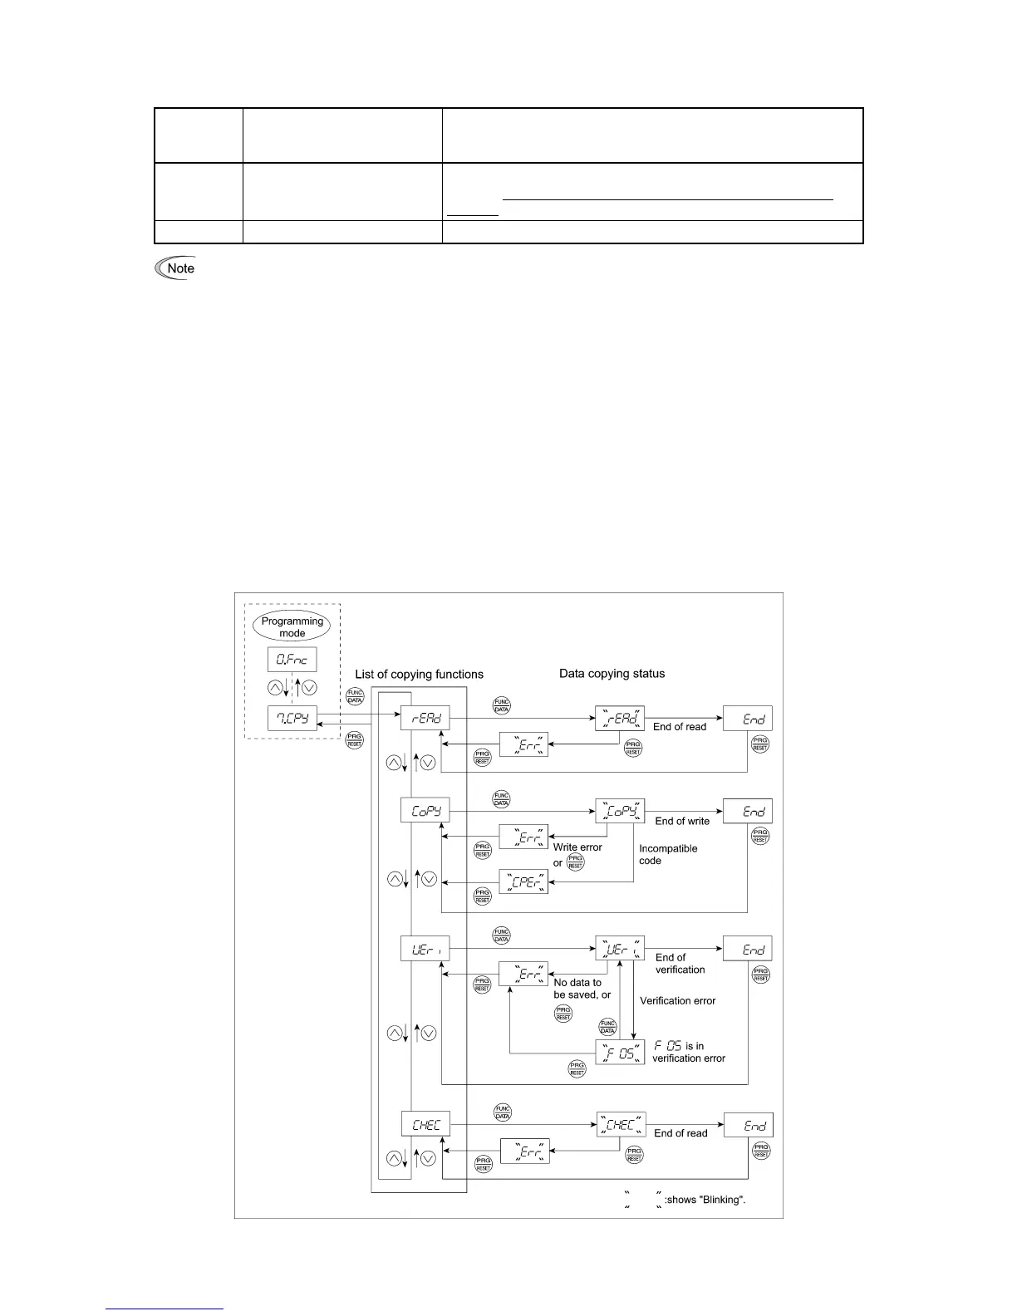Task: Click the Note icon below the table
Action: (175, 268)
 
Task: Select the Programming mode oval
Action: (292, 626)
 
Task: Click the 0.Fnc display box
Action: (292, 660)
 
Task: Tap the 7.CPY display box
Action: (292, 718)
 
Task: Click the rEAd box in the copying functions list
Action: (426, 718)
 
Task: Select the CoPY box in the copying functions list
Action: (426, 811)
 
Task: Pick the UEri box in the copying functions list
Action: (426, 949)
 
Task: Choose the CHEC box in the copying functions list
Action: (426, 1125)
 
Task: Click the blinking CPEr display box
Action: (523, 881)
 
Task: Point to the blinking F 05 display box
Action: (621, 1053)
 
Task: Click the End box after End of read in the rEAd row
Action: (748, 719)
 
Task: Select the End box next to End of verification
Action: (748, 950)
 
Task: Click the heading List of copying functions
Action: (419, 675)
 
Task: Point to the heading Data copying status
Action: (612, 674)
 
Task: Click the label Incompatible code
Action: (667, 854)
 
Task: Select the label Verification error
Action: (677, 1001)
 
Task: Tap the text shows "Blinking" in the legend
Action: (705, 1200)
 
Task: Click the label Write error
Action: (577, 847)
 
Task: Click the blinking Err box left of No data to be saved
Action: (523, 975)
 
